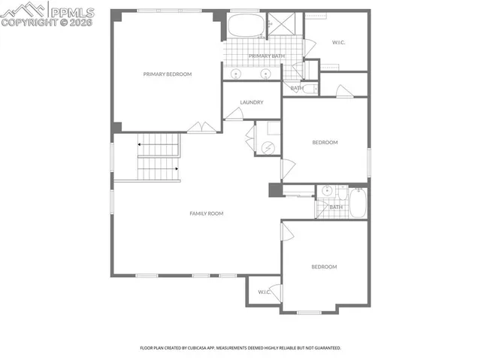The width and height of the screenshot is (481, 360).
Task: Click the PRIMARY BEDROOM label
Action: [168, 74]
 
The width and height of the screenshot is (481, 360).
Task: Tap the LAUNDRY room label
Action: [251, 102]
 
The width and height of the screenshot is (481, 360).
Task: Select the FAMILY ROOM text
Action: [206, 214]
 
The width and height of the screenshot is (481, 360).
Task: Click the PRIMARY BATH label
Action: [267, 56]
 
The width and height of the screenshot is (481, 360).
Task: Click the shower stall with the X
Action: [282, 24]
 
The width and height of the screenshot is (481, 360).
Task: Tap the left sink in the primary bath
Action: [236, 74]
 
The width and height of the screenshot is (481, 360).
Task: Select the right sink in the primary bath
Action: [265, 74]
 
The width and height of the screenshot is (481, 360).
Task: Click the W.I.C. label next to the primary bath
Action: [339, 42]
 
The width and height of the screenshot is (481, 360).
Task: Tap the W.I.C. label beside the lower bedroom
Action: [264, 292]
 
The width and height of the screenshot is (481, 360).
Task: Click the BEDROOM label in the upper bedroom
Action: [325, 142]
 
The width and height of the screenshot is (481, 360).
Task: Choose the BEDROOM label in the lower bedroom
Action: [324, 267]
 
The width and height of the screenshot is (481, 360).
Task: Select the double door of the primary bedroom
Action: [201, 128]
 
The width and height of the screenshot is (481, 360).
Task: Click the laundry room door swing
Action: [234, 114]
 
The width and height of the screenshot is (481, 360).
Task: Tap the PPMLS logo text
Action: [74, 11]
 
